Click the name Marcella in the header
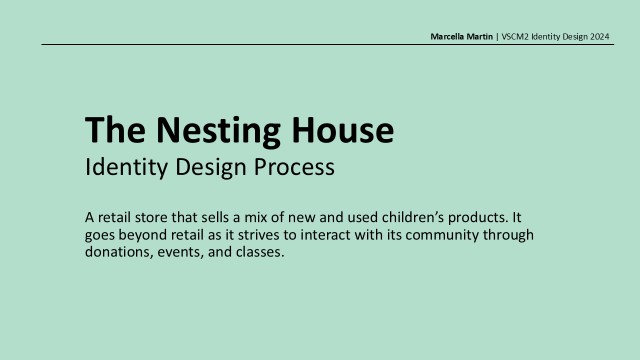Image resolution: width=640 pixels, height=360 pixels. (447, 36)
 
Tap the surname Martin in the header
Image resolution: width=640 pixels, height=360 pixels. (479, 36)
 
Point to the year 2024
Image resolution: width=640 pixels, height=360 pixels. (599, 36)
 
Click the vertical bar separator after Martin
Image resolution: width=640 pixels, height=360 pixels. (497, 37)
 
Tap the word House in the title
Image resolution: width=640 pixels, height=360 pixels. (343, 129)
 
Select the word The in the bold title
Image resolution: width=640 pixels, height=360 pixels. (115, 129)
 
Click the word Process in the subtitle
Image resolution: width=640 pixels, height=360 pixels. (294, 166)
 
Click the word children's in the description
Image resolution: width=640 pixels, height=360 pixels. (413, 217)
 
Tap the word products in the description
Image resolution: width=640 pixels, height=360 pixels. (478, 218)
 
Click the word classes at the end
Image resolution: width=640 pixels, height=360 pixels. (260, 252)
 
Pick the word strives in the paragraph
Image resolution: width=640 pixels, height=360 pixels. (258, 235)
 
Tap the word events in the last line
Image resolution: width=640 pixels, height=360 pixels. (180, 252)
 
